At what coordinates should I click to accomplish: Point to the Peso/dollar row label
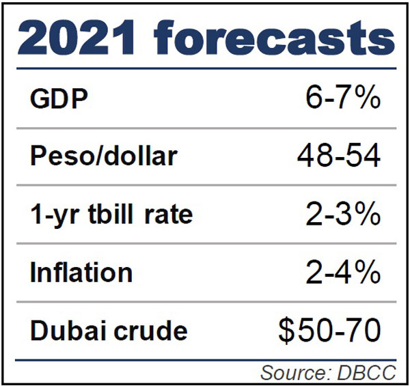(103, 157)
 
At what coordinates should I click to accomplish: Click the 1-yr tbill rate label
(111, 215)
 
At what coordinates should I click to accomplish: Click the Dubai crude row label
(109, 331)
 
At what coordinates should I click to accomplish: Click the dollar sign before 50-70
(287, 331)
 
